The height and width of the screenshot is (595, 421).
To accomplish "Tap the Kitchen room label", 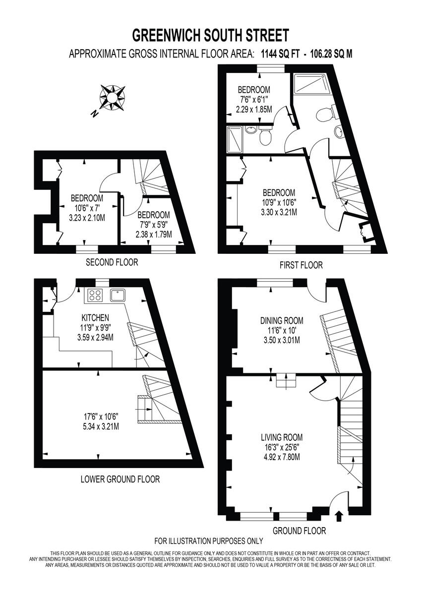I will pyautogui.click(x=96, y=317).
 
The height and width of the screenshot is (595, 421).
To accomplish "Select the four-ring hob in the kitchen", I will pyautogui.click(x=94, y=296).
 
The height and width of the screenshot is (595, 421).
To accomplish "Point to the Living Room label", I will pyautogui.click(x=282, y=437).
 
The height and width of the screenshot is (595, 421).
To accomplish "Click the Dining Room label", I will pyautogui.click(x=282, y=321).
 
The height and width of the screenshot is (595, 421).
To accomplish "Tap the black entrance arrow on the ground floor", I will pyautogui.click(x=339, y=517).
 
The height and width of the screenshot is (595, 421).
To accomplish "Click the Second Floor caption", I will pyautogui.click(x=112, y=262).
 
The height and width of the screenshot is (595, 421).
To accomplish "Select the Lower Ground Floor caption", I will pyautogui.click(x=120, y=479).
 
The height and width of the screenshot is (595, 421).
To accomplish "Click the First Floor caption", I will pyautogui.click(x=301, y=265).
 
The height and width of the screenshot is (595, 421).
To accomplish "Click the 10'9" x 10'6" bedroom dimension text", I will pyautogui.click(x=279, y=202).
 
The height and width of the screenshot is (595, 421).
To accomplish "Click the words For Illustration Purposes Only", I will pyautogui.click(x=209, y=541).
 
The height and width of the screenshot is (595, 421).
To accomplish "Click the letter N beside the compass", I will pyautogui.click(x=94, y=114).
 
